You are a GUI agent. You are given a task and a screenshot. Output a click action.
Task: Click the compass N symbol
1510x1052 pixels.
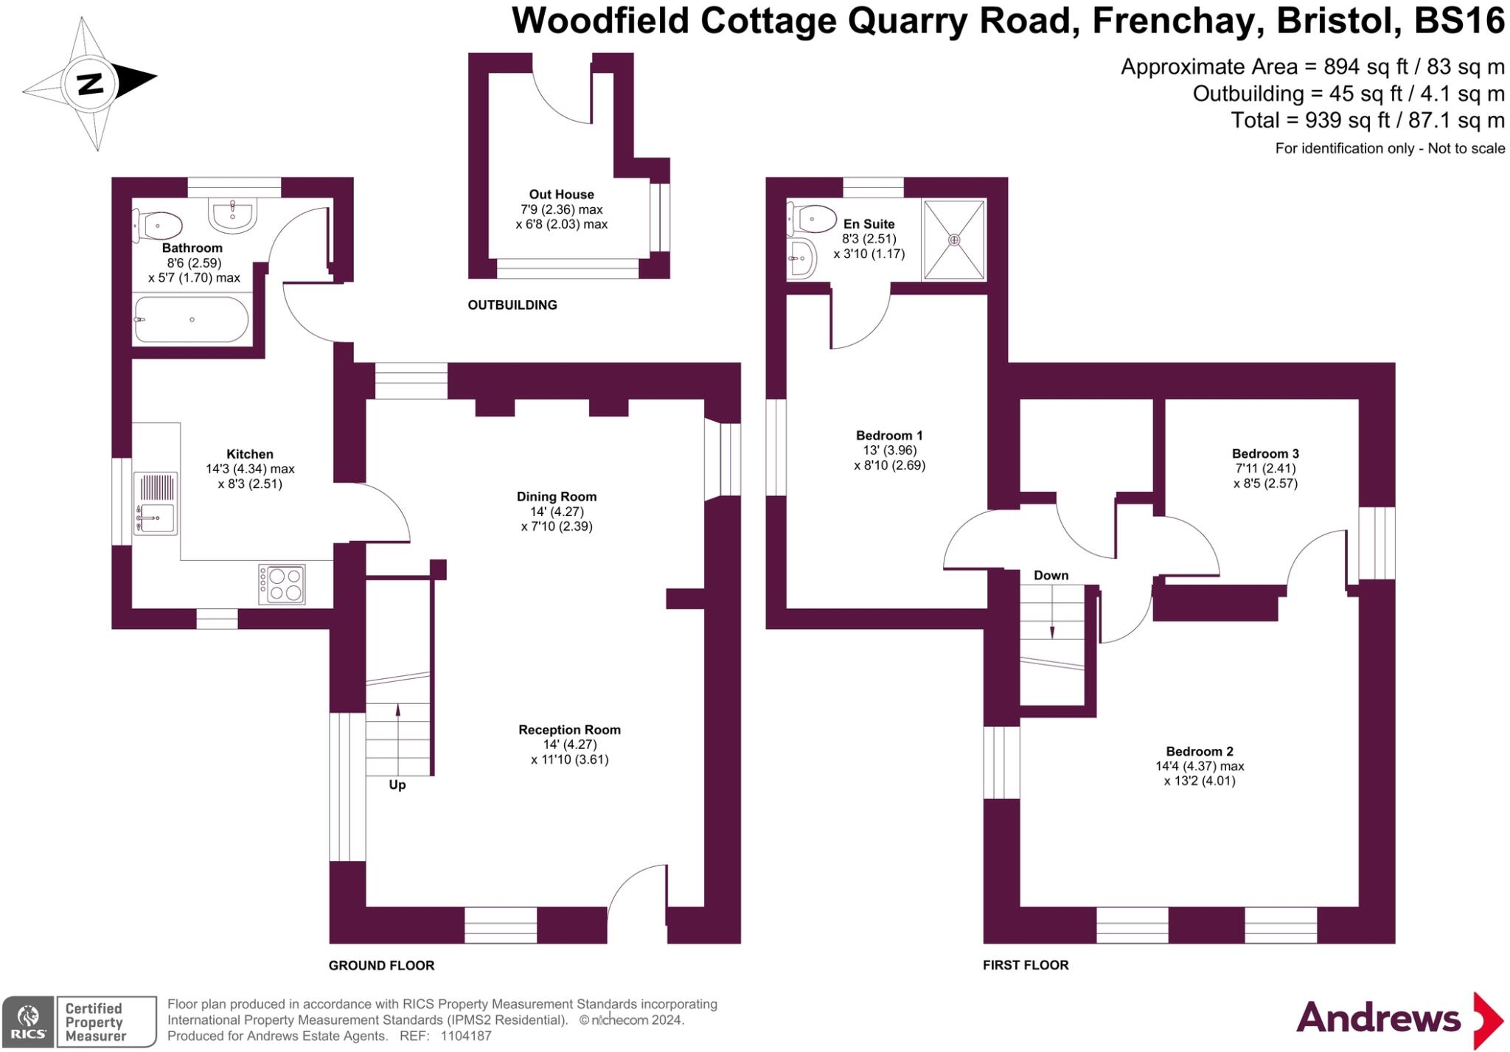coord(90,83)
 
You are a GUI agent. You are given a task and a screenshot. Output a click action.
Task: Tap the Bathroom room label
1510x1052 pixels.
coord(192,248)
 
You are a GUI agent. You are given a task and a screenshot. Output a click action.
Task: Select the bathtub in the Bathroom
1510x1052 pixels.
coord(192,319)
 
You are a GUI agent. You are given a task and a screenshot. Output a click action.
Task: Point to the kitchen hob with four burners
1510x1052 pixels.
coord(282,585)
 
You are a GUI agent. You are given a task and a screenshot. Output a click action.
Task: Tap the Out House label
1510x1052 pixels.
coord(561,195)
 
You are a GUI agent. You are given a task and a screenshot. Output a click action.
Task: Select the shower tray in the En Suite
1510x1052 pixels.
coord(954,240)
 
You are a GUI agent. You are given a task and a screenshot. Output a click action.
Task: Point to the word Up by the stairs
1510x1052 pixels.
coord(397,785)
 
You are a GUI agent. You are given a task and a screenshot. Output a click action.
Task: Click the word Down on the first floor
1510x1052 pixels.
coord(1051,576)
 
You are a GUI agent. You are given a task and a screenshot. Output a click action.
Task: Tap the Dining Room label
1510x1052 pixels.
coord(557,497)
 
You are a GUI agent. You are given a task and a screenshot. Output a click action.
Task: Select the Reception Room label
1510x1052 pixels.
coord(569,730)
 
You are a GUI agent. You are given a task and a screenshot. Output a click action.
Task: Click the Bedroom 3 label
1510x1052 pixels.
coord(1265,453)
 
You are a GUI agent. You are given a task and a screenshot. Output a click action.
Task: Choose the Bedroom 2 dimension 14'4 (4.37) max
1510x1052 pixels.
coord(1200,766)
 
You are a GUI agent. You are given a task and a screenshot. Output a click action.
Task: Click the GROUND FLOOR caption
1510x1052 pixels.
coord(381,965)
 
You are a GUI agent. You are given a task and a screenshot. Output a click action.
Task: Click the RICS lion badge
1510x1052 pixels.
coord(28,1021)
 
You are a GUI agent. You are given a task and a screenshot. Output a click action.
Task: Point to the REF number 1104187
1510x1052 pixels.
coord(465,1036)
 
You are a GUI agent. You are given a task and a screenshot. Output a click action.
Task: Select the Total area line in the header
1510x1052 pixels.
coord(1368,120)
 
